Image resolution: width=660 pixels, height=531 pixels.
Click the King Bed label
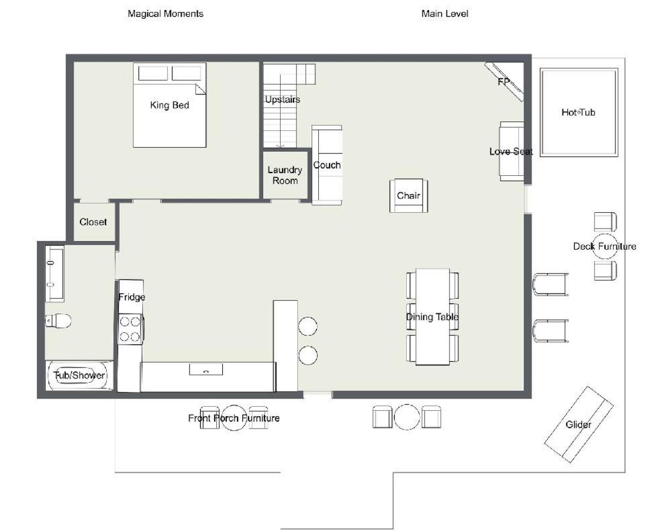click(169, 105)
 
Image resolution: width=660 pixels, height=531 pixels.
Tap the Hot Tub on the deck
click(579, 113)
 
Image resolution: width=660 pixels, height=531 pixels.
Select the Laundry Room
click(285, 175)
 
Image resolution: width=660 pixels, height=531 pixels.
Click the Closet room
click(93, 222)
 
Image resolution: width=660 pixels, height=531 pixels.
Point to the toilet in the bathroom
click(58, 321)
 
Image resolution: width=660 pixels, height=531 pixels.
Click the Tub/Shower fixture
click(79, 375)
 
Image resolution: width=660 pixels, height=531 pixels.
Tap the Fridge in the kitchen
click(131, 297)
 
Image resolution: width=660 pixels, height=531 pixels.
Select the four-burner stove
click(130, 330)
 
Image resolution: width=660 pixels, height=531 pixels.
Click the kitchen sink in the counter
click(206, 369)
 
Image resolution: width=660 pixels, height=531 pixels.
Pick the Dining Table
click(432, 317)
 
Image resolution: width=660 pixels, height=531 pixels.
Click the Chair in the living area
click(409, 195)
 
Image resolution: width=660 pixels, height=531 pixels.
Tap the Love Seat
click(512, 152)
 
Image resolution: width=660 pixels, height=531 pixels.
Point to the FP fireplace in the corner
click(504, 82)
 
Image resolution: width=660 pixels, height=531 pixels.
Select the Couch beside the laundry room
click(326, 165)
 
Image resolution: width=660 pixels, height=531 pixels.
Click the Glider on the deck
click(579, 424)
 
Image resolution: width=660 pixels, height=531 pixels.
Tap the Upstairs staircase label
click(283, 100)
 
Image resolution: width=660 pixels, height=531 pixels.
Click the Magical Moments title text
click(165, 14)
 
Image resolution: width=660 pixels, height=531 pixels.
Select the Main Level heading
click(445, 14)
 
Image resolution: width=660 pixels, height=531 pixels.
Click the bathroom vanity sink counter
click(54, 273)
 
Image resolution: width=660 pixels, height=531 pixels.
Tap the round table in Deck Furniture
click(604, 246)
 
